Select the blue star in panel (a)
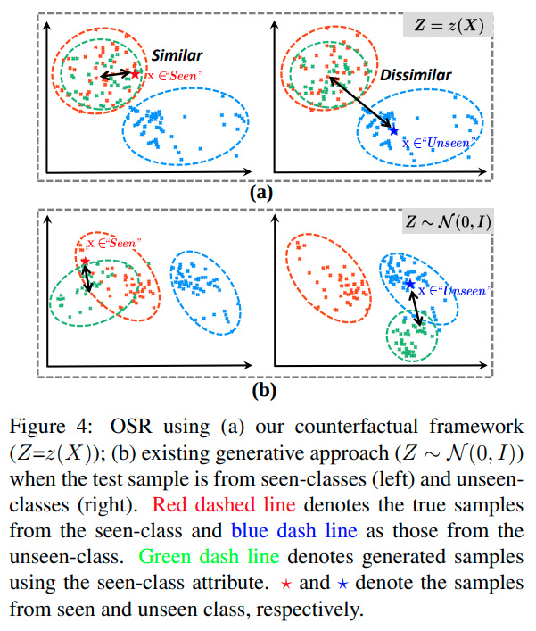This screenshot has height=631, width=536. click(394, 130)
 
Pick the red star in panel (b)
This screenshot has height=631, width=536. click(85, 262)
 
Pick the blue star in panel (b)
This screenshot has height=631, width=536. click(409, 285)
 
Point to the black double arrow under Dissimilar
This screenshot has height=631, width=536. click(360, 103)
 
